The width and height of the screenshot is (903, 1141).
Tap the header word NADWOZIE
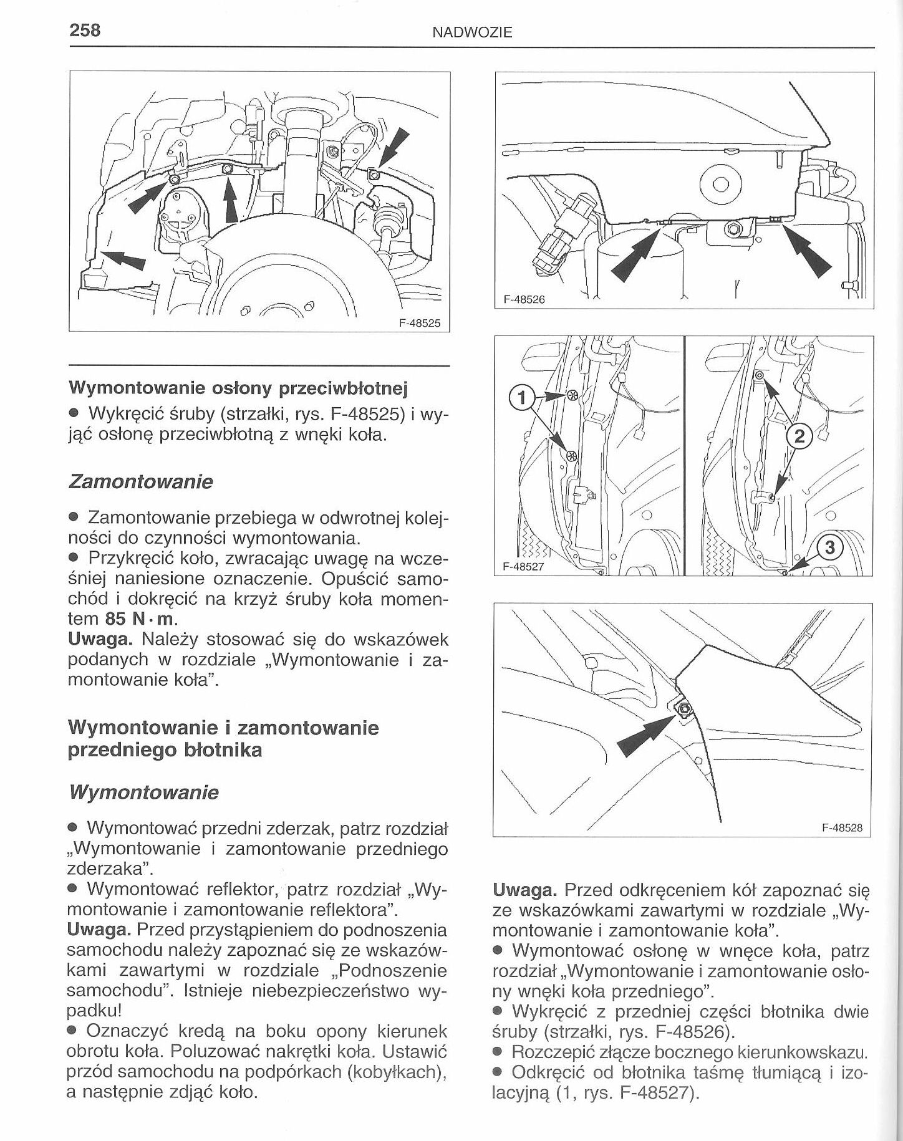[472, 32]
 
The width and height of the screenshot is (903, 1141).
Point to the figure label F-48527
[524, 566]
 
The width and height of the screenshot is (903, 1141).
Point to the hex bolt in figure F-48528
[684, 709]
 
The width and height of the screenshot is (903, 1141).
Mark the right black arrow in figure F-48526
[807, 252]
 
